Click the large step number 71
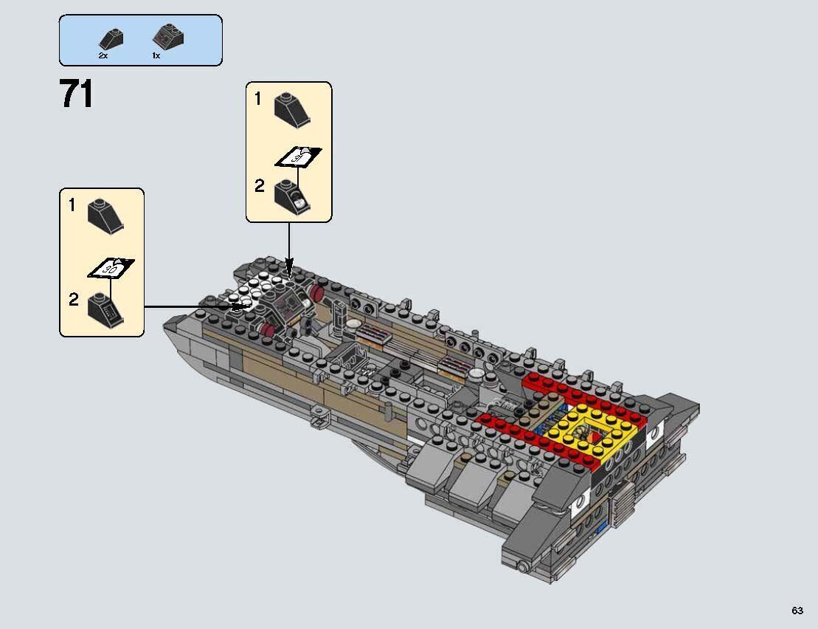point(77,95)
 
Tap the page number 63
point(797,611)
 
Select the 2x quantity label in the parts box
point(103,56)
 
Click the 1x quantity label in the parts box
point(156,56)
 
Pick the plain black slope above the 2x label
point(111,39)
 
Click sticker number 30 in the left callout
point(111,269)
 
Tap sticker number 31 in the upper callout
point(299,157)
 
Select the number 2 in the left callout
point(73,299)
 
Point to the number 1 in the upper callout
point(257,98)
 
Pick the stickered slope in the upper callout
point(292,195)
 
